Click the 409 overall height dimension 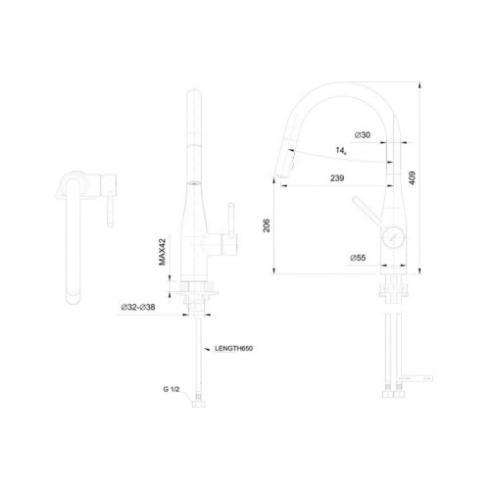coord(413,178)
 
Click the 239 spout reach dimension coord(337,178)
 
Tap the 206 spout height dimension coord(267,225)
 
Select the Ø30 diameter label coord(363,135)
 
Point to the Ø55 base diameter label coord(358,258)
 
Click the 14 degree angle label coord(341,151)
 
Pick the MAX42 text coord(163,252)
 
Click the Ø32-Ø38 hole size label coord(138,307)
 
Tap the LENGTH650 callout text coord(233,349)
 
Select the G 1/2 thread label coord(171,389)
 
